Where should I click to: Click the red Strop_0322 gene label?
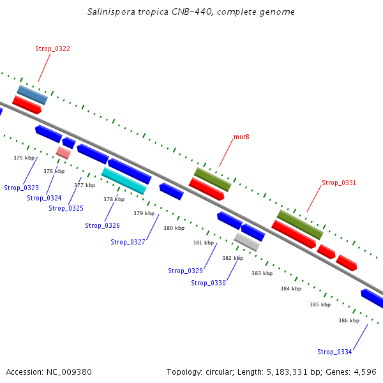[x=52, y=49]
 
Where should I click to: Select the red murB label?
[x=241, y=137]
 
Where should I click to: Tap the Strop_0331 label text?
[x=338, y=183]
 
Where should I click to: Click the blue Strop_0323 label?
[x=21, y=188]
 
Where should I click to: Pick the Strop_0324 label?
[x=44, y=198]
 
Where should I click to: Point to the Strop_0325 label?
[x=66, y=208]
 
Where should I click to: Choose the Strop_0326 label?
[x=102, y=225]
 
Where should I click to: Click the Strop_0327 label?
[x=128, y=242]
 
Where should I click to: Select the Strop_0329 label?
[x=185, y=271]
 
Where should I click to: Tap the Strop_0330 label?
[x=208, y=283]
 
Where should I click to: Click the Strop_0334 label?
[x=334, y=352]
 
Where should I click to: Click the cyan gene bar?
[x=124, y=181]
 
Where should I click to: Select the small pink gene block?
[x=63, y=153]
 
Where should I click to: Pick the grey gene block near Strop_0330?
[x=247, y=241]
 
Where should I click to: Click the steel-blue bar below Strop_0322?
[x=33, y=94]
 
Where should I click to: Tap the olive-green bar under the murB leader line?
[x=213, y=179]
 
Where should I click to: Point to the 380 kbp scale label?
[x=174, y=228]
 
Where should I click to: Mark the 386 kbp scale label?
[x=349, y=320]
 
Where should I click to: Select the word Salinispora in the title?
[x=112, y=12]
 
